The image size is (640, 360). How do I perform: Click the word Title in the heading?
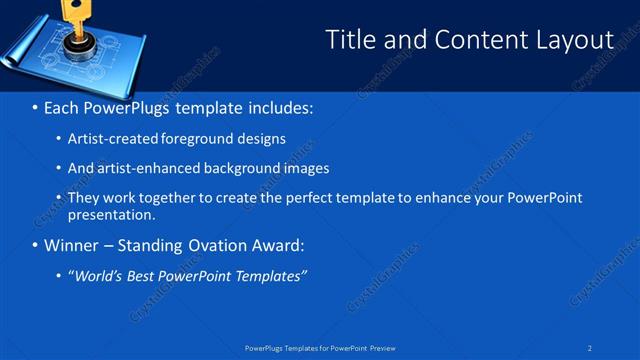[349, 40]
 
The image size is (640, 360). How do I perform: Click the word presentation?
[111, 214]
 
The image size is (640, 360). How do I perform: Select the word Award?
[275, 245]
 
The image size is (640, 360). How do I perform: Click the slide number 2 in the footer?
[590, 348]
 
